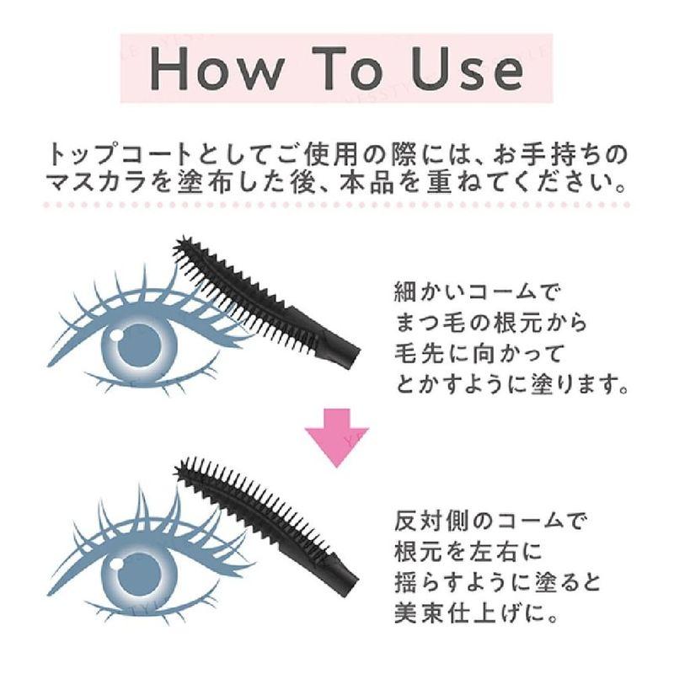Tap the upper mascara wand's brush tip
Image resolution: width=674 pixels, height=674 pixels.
click(x=181, y=249)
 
